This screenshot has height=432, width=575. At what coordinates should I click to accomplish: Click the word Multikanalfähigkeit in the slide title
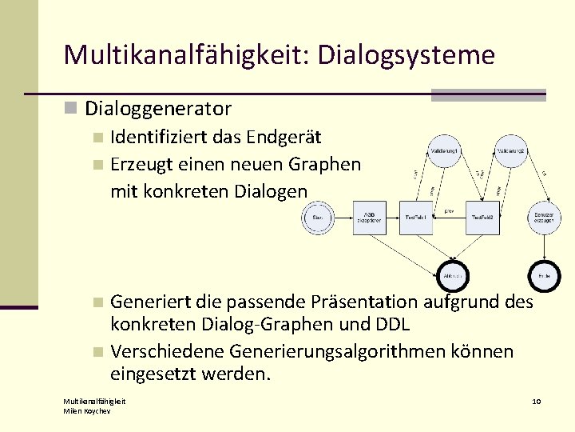(x=186, y=54)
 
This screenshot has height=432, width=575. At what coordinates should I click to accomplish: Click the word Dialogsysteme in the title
(x=406, y=54)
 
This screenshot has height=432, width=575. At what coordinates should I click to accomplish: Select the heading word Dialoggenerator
(x=158, y=108)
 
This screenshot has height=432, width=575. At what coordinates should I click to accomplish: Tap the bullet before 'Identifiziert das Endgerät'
(x=97, y=138)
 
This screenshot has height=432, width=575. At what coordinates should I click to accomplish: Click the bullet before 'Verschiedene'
(x=97, y=352)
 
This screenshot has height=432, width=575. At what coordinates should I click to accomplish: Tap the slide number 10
(x=537, y=400)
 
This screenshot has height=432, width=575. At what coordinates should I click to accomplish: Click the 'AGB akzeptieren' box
(x=369, y=217)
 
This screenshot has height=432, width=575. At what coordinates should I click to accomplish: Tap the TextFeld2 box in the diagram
(x=485, y=217)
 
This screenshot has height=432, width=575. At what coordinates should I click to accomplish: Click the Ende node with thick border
(x=545, y=275)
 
